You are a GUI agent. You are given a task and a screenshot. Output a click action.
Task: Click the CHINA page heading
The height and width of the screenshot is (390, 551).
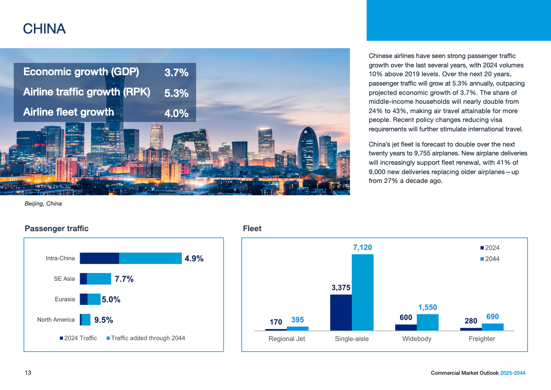[44, 29]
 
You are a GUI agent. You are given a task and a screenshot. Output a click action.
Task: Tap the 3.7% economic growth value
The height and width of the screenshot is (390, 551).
[176, 73]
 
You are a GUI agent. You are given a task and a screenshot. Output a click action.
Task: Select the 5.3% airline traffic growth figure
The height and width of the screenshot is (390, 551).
[176, 93]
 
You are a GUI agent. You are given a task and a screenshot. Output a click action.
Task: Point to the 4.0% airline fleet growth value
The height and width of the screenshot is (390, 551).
[176, 113]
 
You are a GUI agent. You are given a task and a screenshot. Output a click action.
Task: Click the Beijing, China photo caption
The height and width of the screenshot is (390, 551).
[43, 204]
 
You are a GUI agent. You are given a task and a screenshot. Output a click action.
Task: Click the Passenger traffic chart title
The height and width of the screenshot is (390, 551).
[57, 228]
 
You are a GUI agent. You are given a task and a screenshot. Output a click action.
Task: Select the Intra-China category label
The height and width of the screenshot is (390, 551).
[60, 258]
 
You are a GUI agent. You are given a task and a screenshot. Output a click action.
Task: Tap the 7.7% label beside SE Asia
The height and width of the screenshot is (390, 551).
[124, 279]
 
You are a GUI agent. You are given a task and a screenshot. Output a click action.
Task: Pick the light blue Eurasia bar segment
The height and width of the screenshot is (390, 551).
[94, 299]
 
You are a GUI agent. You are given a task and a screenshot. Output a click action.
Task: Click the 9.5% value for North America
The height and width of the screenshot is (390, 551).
[104, 320]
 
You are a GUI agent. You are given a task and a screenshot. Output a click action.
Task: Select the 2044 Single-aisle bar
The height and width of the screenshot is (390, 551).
[363, 292]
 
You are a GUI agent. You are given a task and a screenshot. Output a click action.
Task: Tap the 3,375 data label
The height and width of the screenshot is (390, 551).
[341, 288]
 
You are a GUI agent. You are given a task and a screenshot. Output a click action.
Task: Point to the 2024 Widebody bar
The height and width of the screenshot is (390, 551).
[406, 327]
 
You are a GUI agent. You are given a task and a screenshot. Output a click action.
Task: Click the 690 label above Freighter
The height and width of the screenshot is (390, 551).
[493, 317]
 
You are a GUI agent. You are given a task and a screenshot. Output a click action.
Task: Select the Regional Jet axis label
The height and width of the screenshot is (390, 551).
[287, 339]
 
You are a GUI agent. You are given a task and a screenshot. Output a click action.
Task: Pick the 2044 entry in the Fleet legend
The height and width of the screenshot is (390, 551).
[492, 259]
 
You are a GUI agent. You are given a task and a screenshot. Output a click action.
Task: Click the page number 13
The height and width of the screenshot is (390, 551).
[28, 373]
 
